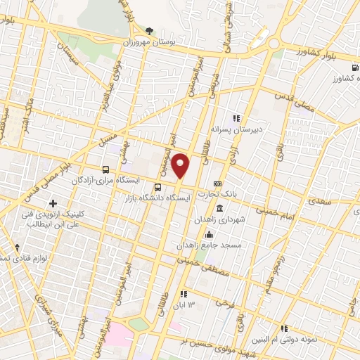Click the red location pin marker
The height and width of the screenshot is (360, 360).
181,166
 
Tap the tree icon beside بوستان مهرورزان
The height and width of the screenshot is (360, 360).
149,30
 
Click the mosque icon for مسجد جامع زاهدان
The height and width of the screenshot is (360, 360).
209,236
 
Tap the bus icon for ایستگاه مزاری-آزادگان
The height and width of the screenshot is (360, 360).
105,169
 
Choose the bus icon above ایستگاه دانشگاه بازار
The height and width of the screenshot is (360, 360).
157,187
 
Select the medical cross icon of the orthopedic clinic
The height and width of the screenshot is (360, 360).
53,203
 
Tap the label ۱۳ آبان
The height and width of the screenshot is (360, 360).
200,304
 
